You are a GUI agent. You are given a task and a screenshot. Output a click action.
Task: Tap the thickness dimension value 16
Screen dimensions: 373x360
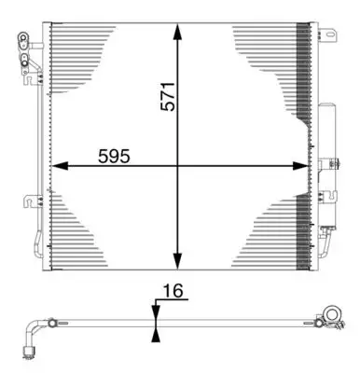coord(172,292)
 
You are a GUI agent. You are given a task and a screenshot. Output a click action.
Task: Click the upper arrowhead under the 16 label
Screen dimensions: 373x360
coord(155,311)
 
